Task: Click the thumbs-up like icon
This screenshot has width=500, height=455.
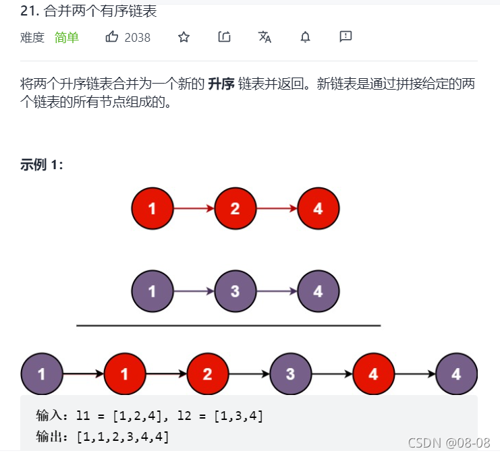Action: pyautogui.click(x=112, y=37)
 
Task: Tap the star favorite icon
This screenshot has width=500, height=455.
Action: pyautogui.click(x=184, y=37)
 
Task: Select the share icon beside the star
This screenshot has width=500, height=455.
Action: pyautogui.click(x=224, y=37)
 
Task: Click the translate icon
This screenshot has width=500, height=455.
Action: pyautogui.click(x=265, y=37)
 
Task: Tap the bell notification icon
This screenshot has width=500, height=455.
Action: pyautogui.click(x=305, y=37)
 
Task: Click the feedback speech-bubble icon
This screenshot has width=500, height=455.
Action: pyautogui.click(x=345, y=37)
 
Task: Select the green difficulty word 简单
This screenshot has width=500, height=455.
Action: pyautogui.click(x=67, y=38)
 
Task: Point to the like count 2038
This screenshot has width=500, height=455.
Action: pyautogui.click(x=138, y=38)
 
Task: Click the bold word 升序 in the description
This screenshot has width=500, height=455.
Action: pyautogui.click(x=221, y=84)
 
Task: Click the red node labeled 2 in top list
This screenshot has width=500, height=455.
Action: pyautogui.click(x=235, y=208)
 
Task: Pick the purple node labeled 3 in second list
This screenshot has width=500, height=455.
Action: pyautogui.click(x=235, y=291)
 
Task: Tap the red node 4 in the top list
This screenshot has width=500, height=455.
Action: pyautogui.click(x=318, y=208)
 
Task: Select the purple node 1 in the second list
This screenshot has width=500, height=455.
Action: pyautogui.click(x=152, y=291)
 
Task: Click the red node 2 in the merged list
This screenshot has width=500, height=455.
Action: pyautogui.click(x=207, y=373)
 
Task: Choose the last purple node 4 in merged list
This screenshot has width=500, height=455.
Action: pyautogui.click(x=456, y=373)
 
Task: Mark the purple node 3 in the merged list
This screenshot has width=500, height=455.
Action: pyautogui.click(x=290, y=373)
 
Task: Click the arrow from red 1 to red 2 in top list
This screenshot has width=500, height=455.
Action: pyautogui.click(x=194, y=208)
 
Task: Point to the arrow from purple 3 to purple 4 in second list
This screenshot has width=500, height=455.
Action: pyautogui.click(x=277, y=291)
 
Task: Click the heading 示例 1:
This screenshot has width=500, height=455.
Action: pyautogui.click(x=42, y=165)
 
